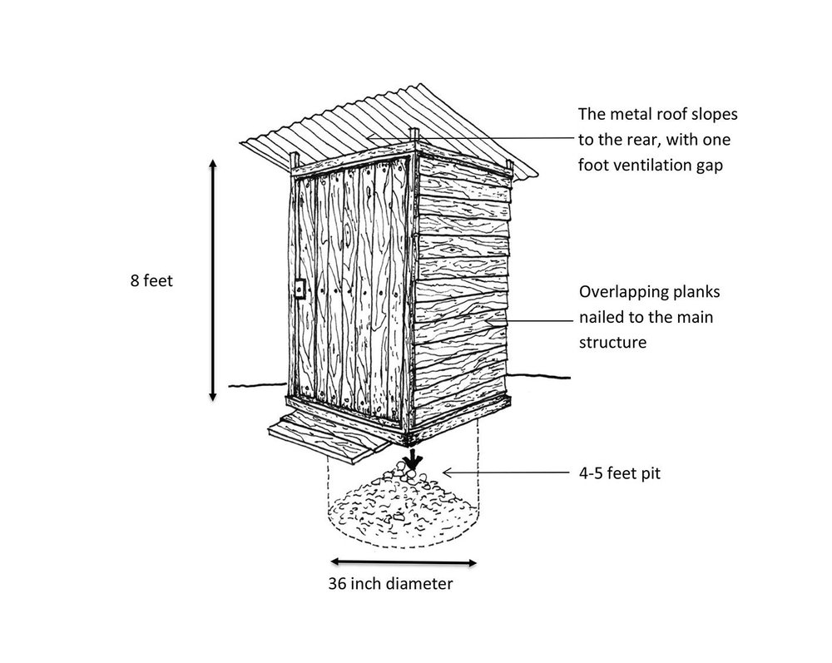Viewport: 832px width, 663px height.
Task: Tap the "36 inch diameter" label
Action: [x=391, y=584]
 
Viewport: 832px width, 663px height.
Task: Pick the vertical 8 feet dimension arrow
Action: [x=214, y=281]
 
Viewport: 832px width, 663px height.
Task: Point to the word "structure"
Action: [x=612, y=341]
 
